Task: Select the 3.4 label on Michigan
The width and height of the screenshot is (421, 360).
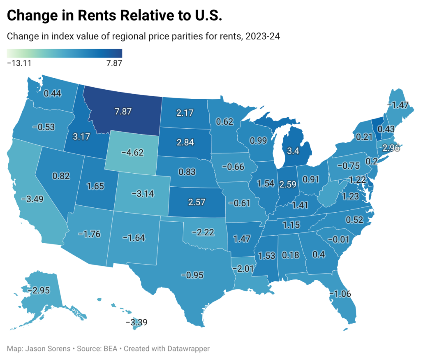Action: point(293,150)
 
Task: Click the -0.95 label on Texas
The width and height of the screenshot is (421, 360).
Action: point(192,275)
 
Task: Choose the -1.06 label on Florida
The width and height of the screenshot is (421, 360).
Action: point(341,293)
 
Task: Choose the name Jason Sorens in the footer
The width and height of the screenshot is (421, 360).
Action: point(46,348)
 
